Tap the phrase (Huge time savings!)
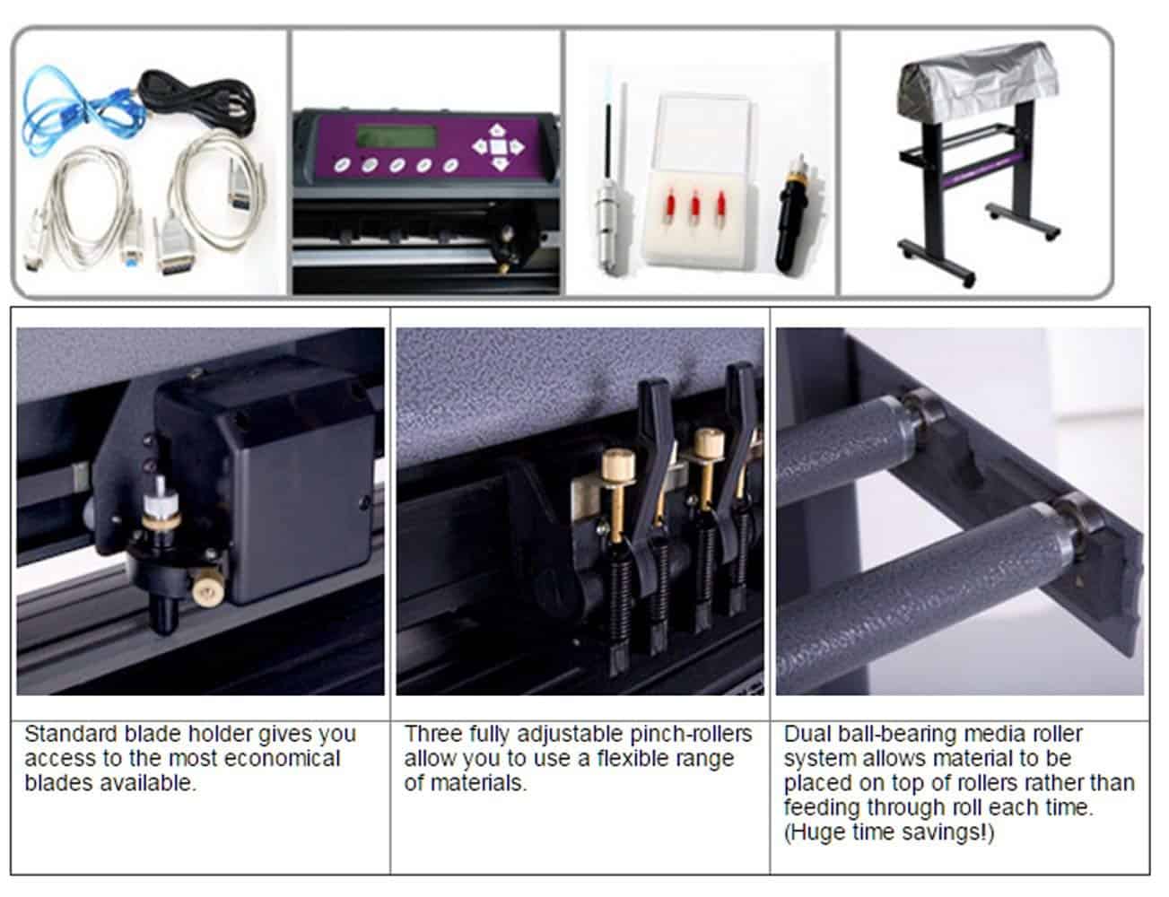[889, 832]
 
